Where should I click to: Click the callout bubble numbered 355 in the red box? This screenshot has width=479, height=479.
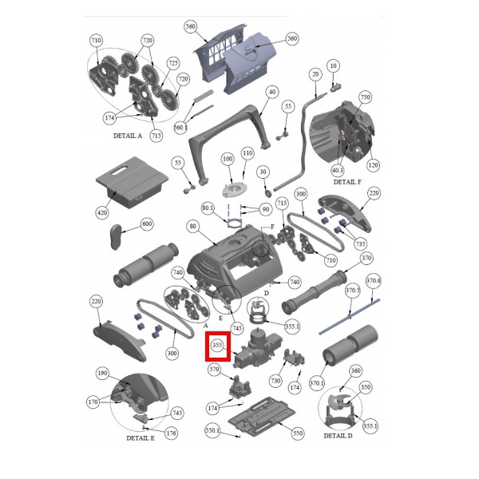(x=217, y=345)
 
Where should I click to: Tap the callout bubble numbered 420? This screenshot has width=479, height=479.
(x=101, y=212)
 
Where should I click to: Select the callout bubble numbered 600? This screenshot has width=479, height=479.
(x=147, y=224)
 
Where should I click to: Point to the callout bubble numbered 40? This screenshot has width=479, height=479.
(x=272, y=92)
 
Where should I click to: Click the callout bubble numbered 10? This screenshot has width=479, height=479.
(x=333, y=65)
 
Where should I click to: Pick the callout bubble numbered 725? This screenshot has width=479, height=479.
(x=173, y=63)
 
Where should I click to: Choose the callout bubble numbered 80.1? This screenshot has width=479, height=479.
(x=208, y=208)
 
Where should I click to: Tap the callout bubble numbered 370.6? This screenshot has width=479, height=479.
(x=373, y=280)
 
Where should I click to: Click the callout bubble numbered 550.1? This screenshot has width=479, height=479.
(x=212, y=430)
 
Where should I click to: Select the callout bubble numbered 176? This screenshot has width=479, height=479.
(x=171, y=433)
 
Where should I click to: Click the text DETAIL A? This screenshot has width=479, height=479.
(x=128, y=136)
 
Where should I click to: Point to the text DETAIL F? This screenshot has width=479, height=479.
(x=347, y=182)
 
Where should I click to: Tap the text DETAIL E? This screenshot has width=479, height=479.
(x=141, y=438)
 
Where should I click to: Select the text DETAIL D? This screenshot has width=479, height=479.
(x=338, y=436)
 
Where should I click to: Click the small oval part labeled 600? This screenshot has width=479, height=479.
(x=116, y=237)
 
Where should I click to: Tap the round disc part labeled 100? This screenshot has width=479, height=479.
(x=235, y=190)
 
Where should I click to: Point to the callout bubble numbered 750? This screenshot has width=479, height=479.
(x=366, y=97)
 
